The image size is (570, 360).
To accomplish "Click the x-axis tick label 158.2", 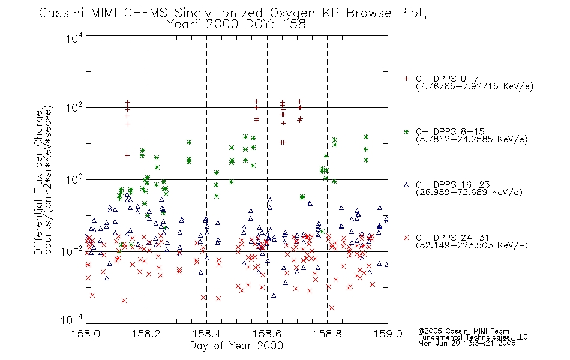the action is [146, 334].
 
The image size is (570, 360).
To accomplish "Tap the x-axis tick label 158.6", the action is [267, 334].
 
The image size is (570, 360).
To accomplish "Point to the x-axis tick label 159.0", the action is [388, 334].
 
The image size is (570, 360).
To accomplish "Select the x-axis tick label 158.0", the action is [86, 334].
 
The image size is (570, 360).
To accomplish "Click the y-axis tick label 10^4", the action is [74, 38].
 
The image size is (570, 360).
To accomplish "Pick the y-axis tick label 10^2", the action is [74, 107].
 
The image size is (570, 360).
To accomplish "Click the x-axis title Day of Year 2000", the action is [236, 346].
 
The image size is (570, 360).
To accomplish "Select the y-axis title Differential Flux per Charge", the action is [38, 182].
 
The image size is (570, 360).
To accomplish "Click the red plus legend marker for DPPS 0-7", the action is [406, 79].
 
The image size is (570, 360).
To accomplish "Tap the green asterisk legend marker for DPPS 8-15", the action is [406, 131].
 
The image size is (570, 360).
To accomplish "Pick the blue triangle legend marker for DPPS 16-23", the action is [406, 185].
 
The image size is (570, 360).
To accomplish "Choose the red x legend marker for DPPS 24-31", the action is [406, 238].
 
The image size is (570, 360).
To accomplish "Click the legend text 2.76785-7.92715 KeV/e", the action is [475, 86].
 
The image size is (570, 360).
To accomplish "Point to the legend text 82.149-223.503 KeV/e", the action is [472, 245].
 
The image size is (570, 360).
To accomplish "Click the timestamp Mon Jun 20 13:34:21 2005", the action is [467, 343].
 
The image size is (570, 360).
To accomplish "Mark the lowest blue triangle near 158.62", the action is [274, 295].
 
